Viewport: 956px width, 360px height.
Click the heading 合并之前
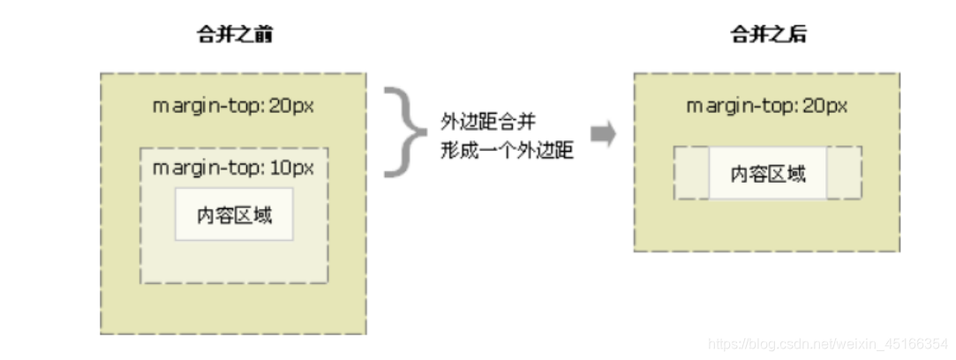[233, 35]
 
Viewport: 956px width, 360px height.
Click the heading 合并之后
[767, 35]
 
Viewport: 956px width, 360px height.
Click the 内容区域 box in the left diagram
[233, 214]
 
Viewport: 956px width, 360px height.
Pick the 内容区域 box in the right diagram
[768, 173]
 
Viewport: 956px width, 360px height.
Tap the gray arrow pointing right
[604, 134]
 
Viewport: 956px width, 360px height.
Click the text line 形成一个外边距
[507, 151]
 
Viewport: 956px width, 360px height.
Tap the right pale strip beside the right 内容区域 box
[845, 173]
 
